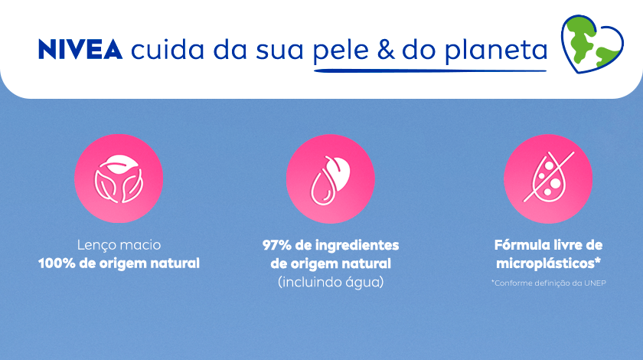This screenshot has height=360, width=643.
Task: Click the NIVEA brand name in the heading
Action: point(80,49)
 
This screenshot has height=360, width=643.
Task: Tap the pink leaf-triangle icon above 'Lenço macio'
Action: point(119,179)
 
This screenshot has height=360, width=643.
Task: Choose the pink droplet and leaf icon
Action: point(330,179)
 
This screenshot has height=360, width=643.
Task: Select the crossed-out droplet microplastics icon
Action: point(548,179)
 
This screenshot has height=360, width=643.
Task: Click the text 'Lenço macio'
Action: point(119,246)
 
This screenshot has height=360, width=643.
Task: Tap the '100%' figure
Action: point(58,263)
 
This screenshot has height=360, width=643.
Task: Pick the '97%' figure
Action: point(277,246)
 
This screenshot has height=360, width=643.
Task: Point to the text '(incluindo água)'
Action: point(331,282)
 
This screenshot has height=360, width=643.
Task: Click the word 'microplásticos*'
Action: point(547,263)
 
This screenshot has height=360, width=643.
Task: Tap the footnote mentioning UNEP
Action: point(548,283)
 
